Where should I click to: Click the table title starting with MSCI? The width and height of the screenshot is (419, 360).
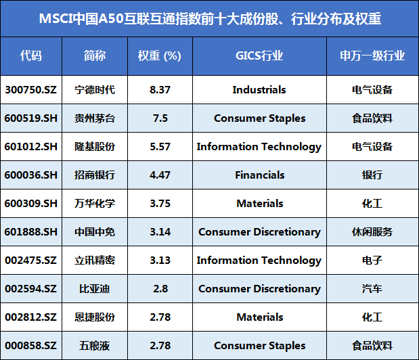click(x=210, y=19)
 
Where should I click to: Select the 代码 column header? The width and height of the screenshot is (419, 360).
click(x=31, y=55)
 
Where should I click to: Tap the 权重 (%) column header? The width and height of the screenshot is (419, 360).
click(x=160, y=55)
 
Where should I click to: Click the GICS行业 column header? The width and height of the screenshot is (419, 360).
click(x=259, y=55)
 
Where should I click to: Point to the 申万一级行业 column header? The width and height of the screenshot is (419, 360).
click(x=372, y=55)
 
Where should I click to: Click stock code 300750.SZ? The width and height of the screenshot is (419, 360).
click(x=31, y=90)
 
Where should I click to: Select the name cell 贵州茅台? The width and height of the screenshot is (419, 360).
click(x=95, y=118)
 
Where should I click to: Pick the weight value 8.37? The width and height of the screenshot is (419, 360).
click(x=160, y=90)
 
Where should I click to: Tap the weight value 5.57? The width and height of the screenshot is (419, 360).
click(x=160, y=147)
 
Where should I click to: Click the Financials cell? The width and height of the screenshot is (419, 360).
click(x=259, y=175)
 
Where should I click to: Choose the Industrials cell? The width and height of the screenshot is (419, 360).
click(x=259, y=90)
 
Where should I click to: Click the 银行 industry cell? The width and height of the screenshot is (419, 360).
click(x=372, y=175)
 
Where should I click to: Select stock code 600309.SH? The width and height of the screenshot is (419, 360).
click(x=31, y=204)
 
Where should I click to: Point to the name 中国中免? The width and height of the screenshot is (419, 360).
click(x=95, y=232)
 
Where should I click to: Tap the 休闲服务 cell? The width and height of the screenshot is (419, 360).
click(x=372, y=232)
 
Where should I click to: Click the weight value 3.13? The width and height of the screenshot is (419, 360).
click(x=160, y=261)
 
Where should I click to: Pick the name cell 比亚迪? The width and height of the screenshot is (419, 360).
click(x=95, y=289)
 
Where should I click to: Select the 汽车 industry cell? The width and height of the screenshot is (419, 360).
click(x=372, y=289)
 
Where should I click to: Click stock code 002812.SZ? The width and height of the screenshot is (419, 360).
click(x=31, y=317)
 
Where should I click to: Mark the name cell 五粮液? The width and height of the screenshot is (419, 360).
click(x=95, y=346)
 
